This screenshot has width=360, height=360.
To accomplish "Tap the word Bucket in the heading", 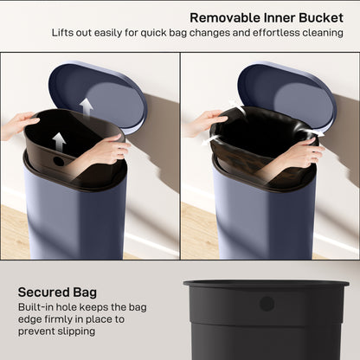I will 320,16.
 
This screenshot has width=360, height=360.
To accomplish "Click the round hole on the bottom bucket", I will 267,304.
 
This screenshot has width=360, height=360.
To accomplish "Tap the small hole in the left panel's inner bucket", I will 59,161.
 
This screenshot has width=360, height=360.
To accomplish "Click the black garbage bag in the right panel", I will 251,143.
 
